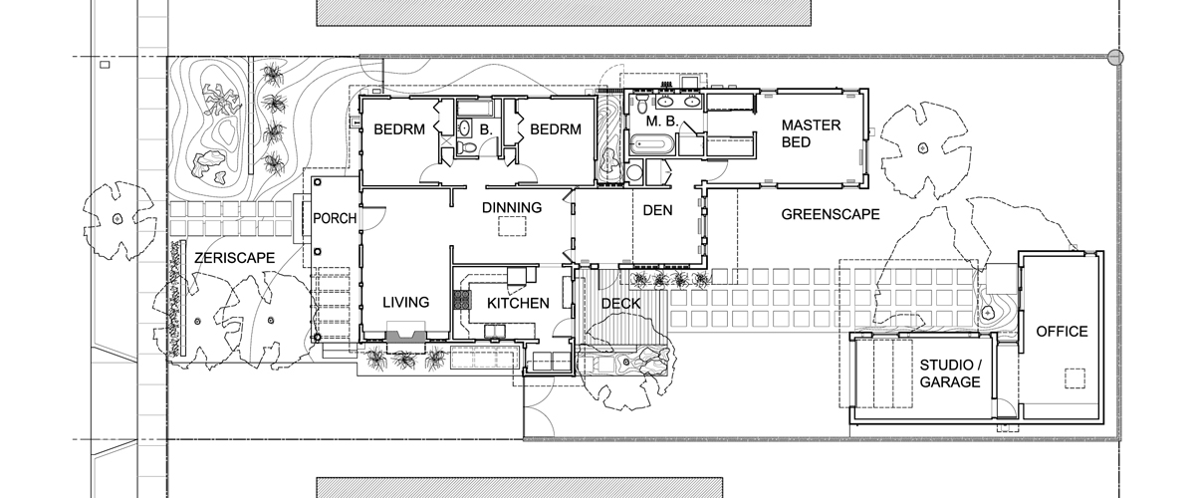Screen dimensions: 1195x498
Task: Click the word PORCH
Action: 335,218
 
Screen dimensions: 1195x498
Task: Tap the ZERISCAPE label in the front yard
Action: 235,258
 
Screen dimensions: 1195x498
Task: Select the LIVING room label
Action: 406,302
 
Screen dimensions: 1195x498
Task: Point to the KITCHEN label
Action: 518,303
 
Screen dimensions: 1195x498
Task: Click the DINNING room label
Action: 512,207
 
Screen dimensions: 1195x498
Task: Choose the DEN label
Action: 658,210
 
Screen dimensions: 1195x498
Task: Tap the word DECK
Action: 621,304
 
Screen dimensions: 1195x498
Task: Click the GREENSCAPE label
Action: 831,214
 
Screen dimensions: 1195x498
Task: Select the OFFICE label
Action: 1063,332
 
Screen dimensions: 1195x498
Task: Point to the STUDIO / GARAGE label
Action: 950,373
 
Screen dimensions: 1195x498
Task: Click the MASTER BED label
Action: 811,133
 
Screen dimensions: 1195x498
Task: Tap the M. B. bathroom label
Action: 662,122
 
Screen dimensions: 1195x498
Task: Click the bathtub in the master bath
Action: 652,144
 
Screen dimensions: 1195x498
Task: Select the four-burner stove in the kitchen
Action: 462,300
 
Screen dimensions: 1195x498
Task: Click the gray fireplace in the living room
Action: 406,336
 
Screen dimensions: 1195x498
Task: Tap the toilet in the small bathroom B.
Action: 468,147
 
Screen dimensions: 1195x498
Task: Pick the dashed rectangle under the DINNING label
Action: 512,227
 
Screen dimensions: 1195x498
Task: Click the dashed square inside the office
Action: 1075,378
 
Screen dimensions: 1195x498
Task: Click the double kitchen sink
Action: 495,332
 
